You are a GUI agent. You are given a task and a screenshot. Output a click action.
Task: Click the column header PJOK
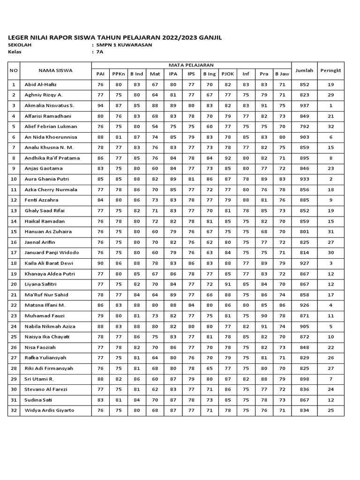tap(228, 74)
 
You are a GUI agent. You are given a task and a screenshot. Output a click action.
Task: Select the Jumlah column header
tap(304, 70)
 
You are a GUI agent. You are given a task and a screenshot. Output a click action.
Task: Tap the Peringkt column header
tap(330, 70)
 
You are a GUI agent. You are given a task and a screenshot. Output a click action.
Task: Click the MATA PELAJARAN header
tap(191, 65)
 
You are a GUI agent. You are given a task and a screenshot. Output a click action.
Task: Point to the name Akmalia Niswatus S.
tap(49, 105)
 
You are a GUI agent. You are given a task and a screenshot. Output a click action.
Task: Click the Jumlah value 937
tap(304, 105)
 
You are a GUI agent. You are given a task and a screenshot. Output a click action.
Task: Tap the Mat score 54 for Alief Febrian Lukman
tap(155, 127)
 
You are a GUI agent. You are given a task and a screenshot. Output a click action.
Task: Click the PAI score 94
tap(100, 105)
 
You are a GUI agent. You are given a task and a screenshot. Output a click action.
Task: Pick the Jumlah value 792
tap(304, 127)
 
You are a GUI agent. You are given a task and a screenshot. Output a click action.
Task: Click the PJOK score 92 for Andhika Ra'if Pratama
tap(228, 158)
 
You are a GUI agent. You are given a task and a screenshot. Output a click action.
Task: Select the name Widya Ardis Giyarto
tap(49, 411)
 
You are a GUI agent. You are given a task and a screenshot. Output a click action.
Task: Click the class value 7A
tap(99, 52)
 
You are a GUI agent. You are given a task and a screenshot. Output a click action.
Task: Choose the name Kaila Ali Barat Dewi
tap(49, 263)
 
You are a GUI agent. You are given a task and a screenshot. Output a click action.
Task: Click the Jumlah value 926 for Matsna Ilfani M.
tap(304, 306)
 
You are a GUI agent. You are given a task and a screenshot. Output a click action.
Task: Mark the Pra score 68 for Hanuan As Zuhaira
tap(264, 232)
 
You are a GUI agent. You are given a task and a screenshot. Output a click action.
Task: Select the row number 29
tap(14, 379)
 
